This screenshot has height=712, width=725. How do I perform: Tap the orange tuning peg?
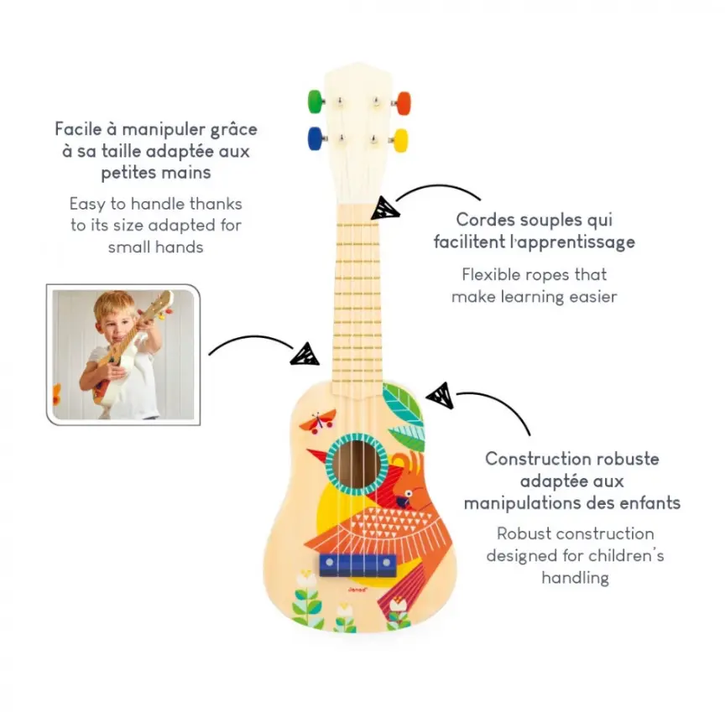pos(404,102)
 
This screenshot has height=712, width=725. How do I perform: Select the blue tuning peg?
pos(316,137)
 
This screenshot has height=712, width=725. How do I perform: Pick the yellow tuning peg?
pos(401,139)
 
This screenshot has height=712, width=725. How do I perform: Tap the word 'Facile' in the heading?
pos(81,129)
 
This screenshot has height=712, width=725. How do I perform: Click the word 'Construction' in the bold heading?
pos(538,460)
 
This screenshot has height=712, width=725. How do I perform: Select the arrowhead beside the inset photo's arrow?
pos(305,354)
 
